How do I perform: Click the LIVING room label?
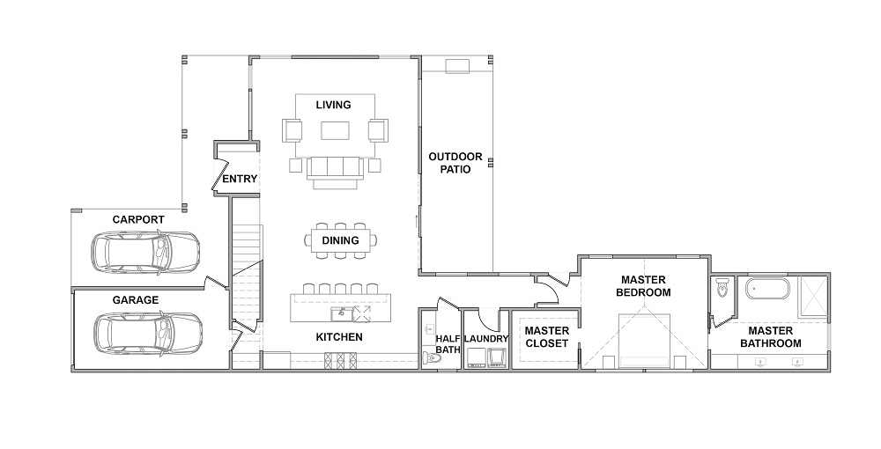[333, 105]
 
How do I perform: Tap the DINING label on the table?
[340, 240]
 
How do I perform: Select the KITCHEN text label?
[339, 337]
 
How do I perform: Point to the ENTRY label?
[240, 179]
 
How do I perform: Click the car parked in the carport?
[145, 253]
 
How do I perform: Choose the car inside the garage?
[147, 333]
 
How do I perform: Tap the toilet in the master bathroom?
[722, 287]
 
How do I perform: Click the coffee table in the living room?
[336, 131]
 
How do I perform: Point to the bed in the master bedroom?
[645, 342]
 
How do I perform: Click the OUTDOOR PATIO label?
[455, 163]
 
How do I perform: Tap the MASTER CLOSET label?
[546, 336]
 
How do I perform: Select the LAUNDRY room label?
[486, 339]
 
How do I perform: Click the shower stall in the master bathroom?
[813, 298]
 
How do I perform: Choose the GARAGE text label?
[136, 300]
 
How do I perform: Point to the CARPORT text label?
[138, 220]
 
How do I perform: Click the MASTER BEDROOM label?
[643, 286]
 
